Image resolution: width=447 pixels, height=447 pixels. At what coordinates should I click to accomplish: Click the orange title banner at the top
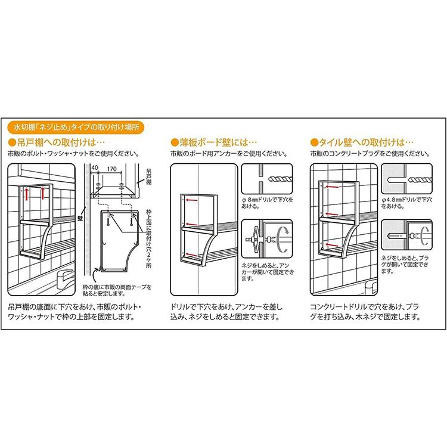75,127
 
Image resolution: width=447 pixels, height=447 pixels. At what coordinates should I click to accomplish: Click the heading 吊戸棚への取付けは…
57,143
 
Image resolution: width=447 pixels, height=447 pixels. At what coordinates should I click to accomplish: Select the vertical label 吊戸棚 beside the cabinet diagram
148,178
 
